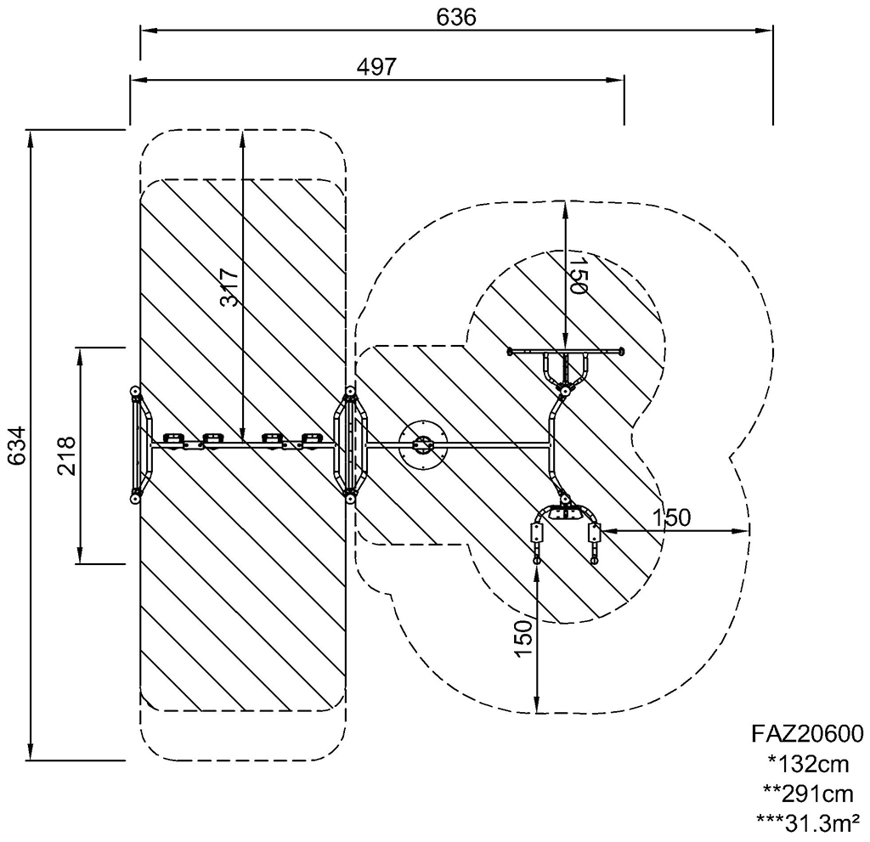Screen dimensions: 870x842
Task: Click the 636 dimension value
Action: tap(456, 17)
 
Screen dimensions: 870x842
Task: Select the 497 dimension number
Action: tap(376, 66)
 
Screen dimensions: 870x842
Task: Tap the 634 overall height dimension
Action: tap(16, 445)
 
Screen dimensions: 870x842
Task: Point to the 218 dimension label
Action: tap(66, 455)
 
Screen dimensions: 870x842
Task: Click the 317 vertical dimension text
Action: tap(229, 287)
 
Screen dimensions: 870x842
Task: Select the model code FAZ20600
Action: tap(807, 734)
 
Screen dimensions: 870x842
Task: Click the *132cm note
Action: tap(809, 765)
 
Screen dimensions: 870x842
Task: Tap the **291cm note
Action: tap(808, 794)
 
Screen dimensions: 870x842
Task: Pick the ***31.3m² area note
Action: tap(808, 823)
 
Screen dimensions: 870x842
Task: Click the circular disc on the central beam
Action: tap(423, 445)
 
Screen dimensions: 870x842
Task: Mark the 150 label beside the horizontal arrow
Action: tap(671, 517)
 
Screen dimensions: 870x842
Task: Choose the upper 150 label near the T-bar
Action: tap(578, 274)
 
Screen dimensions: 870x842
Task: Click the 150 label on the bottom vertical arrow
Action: tap(523, 639)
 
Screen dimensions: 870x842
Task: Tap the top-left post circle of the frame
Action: tap(135, 393)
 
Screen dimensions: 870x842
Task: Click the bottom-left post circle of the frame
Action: tap(135, 500)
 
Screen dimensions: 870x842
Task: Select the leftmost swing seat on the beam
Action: tap(173, 439)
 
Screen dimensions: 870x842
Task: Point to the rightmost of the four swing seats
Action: tap(311, 439)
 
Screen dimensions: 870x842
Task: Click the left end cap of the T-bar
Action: tap(510, 351)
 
